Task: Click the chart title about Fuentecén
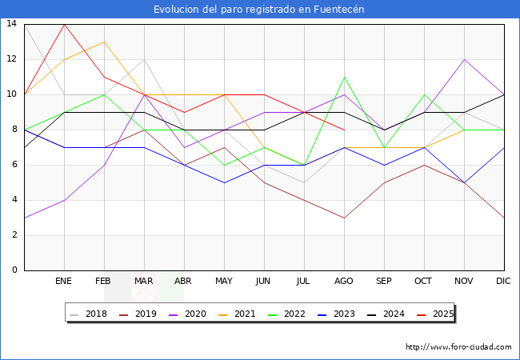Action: [259, 9]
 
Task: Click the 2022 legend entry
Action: [289, 314]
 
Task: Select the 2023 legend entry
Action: [338, 314]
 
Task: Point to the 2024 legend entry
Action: [386, 314]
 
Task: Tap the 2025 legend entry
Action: [435, 314]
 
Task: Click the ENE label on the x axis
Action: [64, 282]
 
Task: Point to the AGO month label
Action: [344, 282]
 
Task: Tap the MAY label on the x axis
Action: [224, 282]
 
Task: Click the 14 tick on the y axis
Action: [11, 24]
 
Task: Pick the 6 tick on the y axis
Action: [14, 165]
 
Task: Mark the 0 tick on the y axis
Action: [14, 270]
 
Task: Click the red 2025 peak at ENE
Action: [64, 24]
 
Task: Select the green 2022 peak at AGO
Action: [344, 77]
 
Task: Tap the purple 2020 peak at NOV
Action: [464, 59]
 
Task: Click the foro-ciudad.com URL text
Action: [458, 347]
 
